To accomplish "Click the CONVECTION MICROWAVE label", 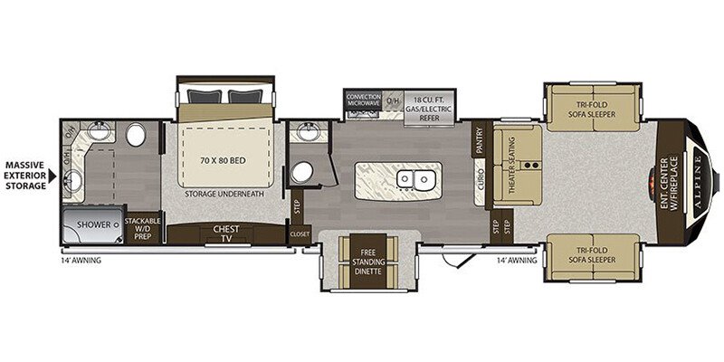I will [364, 101].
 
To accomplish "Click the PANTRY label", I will [477, 140].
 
